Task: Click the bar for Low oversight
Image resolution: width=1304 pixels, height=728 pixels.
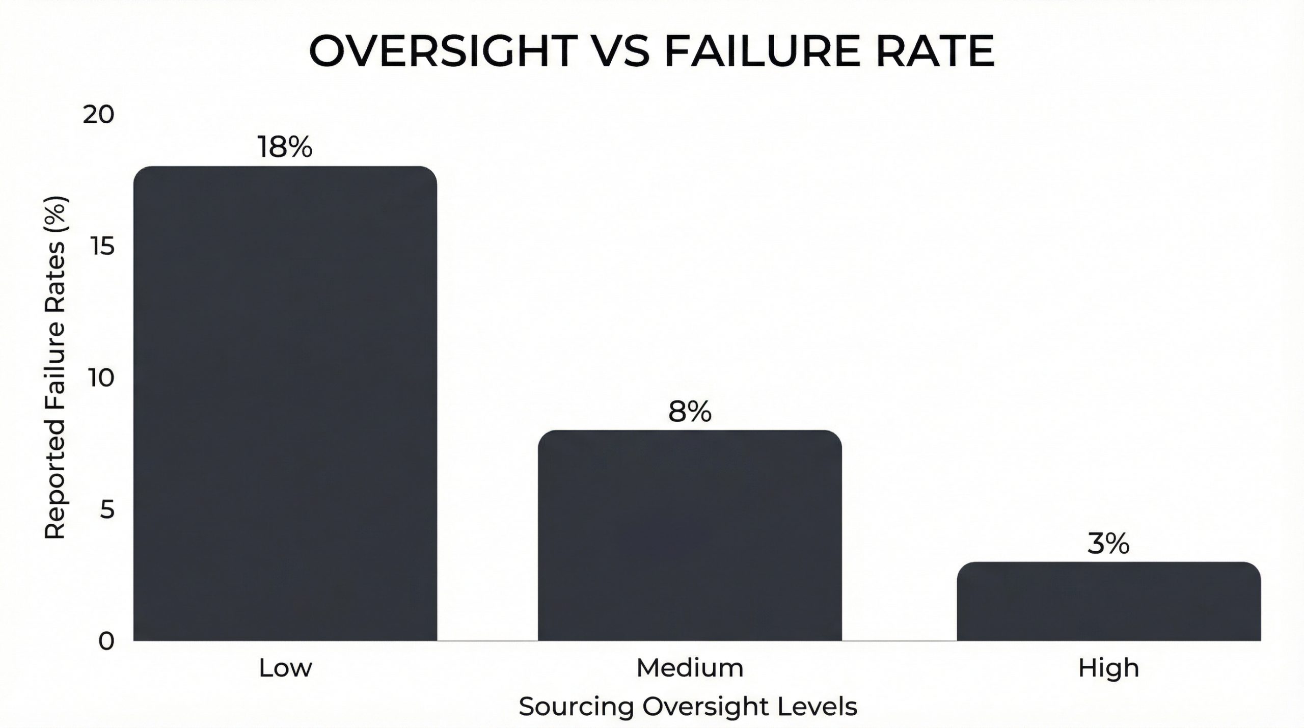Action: pos(285,402)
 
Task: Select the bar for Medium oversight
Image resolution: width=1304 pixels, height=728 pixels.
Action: pos(690,535)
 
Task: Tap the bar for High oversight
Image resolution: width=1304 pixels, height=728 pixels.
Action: pos(1108,601)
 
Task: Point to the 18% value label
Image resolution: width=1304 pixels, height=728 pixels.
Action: pos(285,147)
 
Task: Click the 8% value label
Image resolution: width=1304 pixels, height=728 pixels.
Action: pos(690,412)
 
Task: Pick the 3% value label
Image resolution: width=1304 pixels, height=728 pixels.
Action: pos(1108,544)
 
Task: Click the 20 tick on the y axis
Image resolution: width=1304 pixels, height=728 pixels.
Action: pos(98,115)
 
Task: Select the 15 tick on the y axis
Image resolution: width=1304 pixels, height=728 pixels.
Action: pos(100,247)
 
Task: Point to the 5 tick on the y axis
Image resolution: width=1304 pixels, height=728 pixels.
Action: pos(107,509)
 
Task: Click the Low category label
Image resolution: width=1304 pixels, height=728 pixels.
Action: pos(285,668)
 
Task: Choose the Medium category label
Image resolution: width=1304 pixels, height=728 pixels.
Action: pos(690,668)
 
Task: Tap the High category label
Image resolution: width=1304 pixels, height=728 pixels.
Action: pos(1108,668)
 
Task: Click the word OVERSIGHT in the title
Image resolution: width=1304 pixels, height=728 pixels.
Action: pos(440,51)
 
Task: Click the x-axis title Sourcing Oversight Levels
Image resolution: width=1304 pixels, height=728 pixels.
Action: pos(688,707)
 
